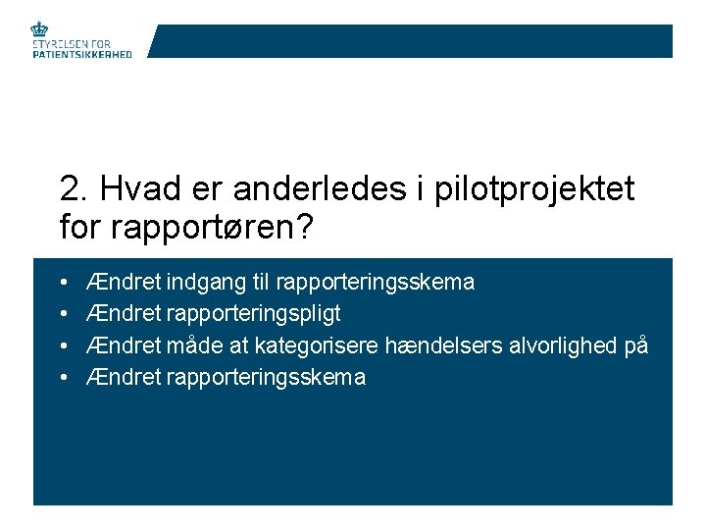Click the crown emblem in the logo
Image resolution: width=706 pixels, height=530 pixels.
tap(40, 30)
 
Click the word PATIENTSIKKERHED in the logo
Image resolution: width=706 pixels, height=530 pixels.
tap(82, 55)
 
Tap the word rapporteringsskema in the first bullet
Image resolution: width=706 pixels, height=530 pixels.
tap(376, 283)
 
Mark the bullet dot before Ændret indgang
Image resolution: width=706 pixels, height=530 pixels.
tap(64, 284)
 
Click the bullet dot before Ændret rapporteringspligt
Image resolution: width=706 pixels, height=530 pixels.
tap(64, 315)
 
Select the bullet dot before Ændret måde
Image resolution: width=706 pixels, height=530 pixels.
tap(64, 346)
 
